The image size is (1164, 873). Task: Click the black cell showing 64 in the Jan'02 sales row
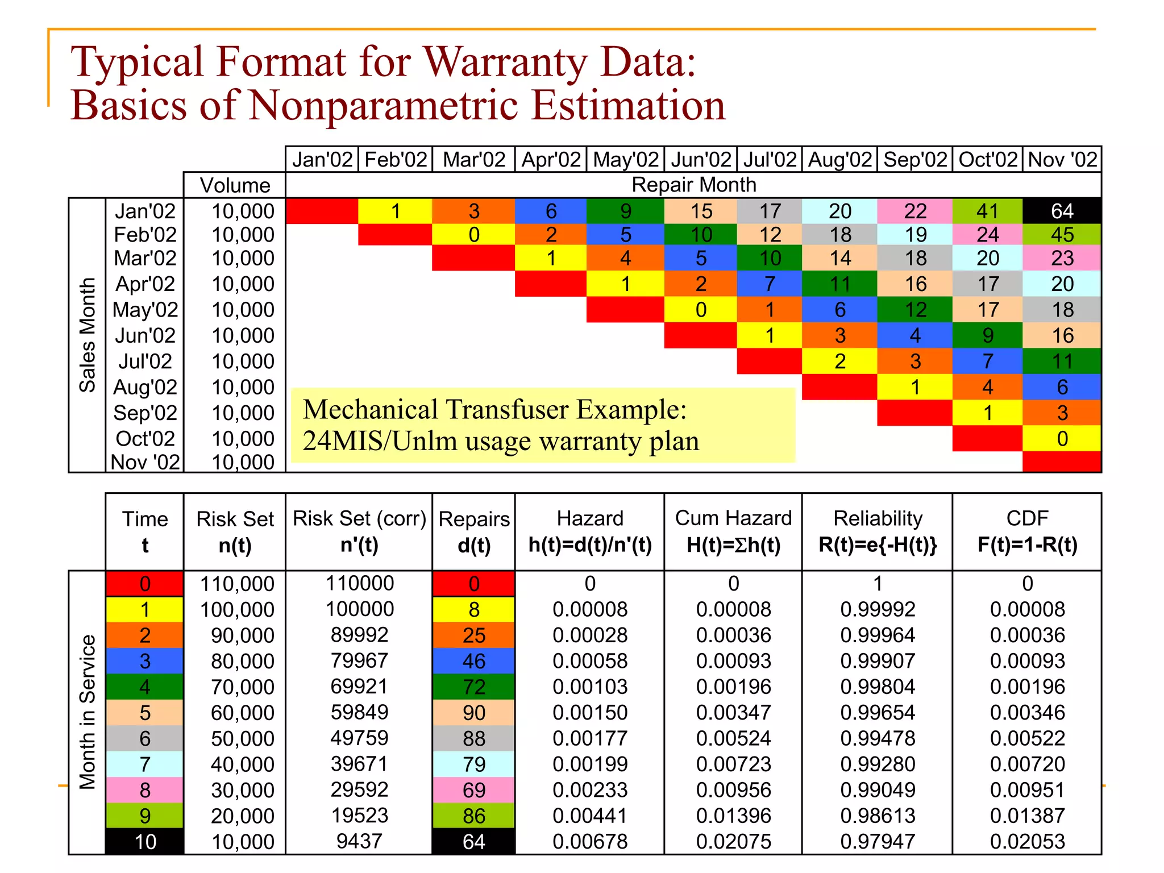(x=1062, y=211)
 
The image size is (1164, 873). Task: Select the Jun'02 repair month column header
(x=701, y=160)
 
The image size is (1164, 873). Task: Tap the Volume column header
(x=235, y=185)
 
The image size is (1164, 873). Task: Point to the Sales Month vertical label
(x=87, y=335)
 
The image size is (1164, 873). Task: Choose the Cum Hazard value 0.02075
(x=733, y=841)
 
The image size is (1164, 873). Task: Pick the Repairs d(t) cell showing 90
(x=473, y=713)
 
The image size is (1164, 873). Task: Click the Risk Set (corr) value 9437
(x=359, y=841)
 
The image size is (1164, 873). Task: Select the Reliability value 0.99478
(x=878, y=738)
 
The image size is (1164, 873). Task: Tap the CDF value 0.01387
(x=1027, y=816)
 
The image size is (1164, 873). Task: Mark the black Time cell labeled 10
(x=145, y=842)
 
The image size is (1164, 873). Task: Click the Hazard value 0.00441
(x=590, y=816)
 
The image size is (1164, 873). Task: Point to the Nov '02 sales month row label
(x=145, y=462)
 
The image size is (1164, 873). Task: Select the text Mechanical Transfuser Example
(x=494, y=409)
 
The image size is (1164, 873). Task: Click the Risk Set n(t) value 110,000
(x=237, y=584)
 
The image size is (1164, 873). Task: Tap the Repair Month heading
(x=693, y=185)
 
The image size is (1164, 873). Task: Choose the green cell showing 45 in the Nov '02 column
(x=1062, y=235)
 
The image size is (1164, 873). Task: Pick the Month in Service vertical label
(x=87, y=712)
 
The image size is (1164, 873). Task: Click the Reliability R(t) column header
(x=878, y=531)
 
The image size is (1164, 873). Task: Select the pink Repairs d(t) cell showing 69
(x=473, y=790)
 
